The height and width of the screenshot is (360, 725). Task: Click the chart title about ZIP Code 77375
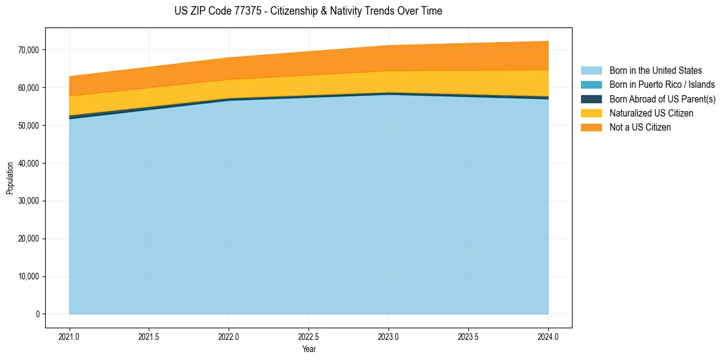pos(308,11)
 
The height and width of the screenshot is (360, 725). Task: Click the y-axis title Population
pos(10,178)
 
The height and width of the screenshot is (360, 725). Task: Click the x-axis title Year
pos(309,349)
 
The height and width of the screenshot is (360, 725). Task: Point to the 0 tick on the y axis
pos(37,314)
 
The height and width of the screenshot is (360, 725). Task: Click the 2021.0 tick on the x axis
pos(70,336)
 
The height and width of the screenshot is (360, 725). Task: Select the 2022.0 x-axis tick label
pos(229,336)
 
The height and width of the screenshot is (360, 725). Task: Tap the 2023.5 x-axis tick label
pos(468,336)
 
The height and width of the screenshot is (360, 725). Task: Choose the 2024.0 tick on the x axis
pos(548,336)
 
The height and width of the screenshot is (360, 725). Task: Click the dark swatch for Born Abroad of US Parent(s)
pos(591,99)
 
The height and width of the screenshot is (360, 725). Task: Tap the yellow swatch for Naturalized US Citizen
pos(591,113)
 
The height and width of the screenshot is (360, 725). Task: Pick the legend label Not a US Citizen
pos(640,127)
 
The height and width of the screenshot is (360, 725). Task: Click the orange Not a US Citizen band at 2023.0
pos(388,58)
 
